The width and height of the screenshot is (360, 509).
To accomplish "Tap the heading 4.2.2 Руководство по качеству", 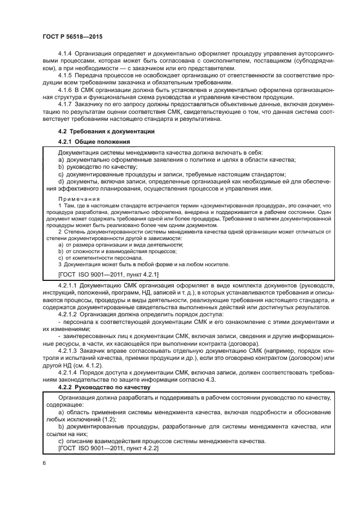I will [101, 387].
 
